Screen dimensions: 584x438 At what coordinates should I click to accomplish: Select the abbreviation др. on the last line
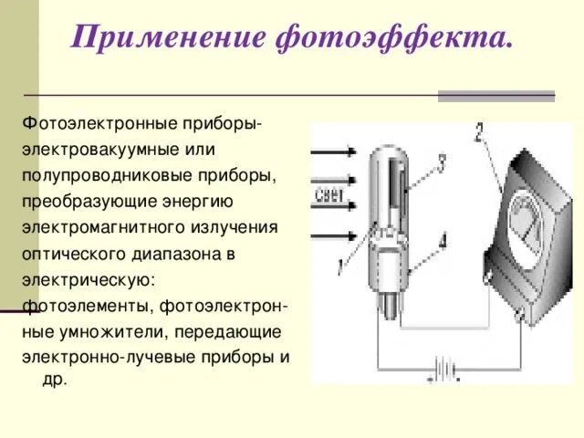[x=54, y=379]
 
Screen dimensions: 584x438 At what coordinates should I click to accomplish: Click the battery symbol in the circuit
[x=445, y=370]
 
